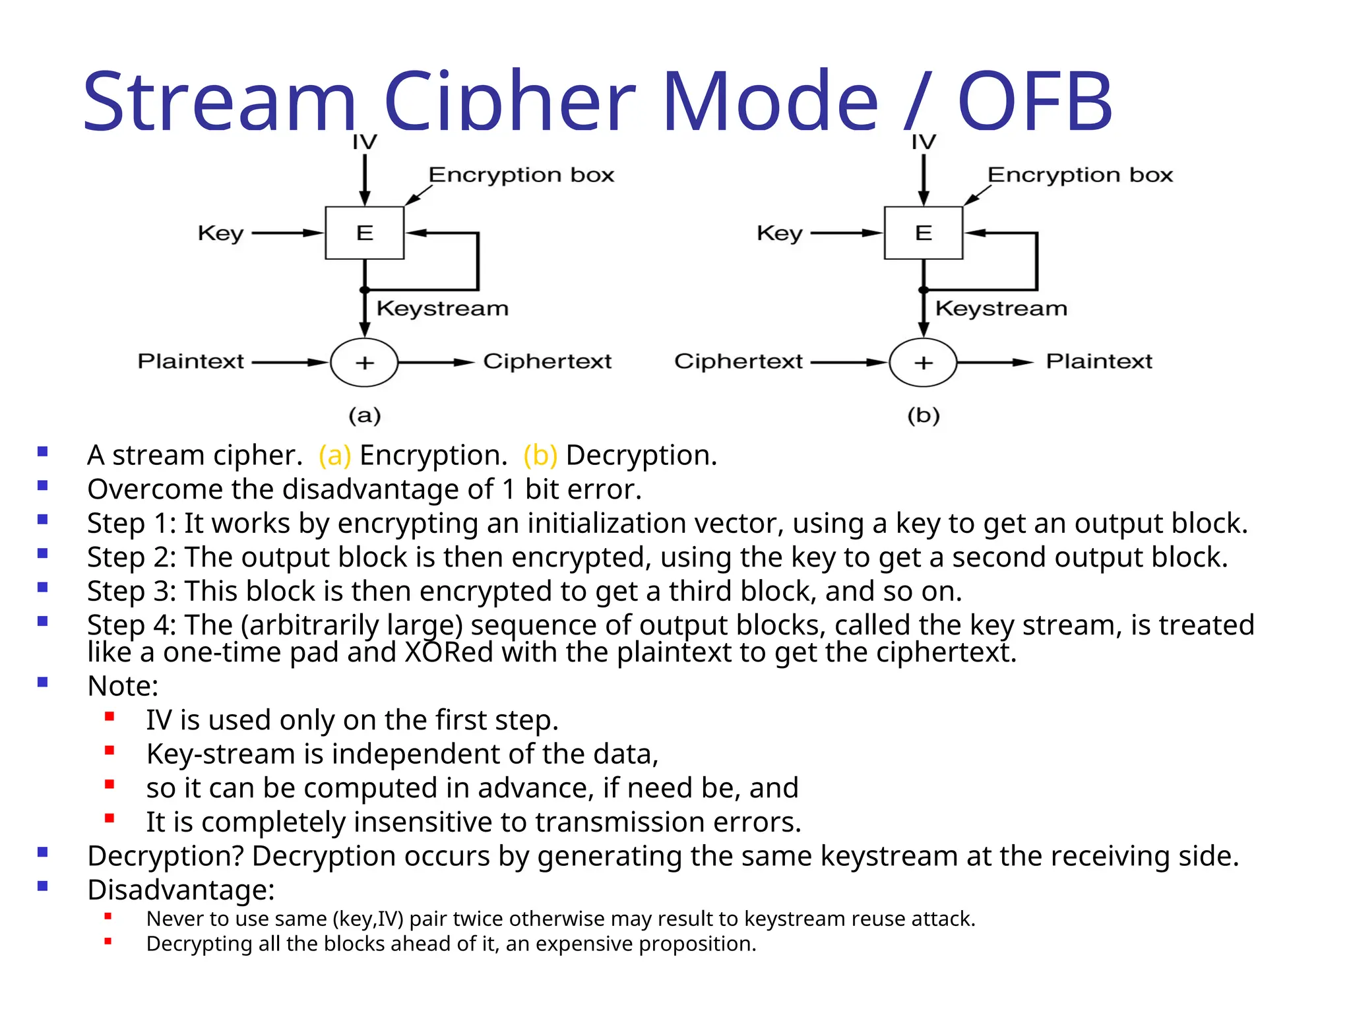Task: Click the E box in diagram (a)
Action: coord(364,233)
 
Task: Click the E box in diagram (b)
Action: coord(923,233)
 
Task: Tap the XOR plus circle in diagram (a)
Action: coord(364,362)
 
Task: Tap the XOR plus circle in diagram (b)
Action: coord(923,362)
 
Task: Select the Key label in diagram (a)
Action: coord(221,233)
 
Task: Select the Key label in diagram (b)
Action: coord(780,233)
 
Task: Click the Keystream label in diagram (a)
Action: coord(442,308)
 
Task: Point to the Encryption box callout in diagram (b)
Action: coord(1080,175)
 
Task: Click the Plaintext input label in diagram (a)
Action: coord(191,361)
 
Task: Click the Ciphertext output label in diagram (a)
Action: coord(548,361)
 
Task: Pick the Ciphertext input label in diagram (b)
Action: coord(738,361)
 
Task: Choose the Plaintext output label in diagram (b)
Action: coord(1099,361)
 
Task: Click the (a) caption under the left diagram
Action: coord(365,415)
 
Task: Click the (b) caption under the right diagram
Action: coord(924,415)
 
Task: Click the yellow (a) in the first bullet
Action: coord(334,455)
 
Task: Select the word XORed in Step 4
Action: coord(449,652)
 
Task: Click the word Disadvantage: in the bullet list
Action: coord(181,890)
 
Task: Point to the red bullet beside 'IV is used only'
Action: coord(110,716)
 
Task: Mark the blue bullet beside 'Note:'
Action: coord(43,682)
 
